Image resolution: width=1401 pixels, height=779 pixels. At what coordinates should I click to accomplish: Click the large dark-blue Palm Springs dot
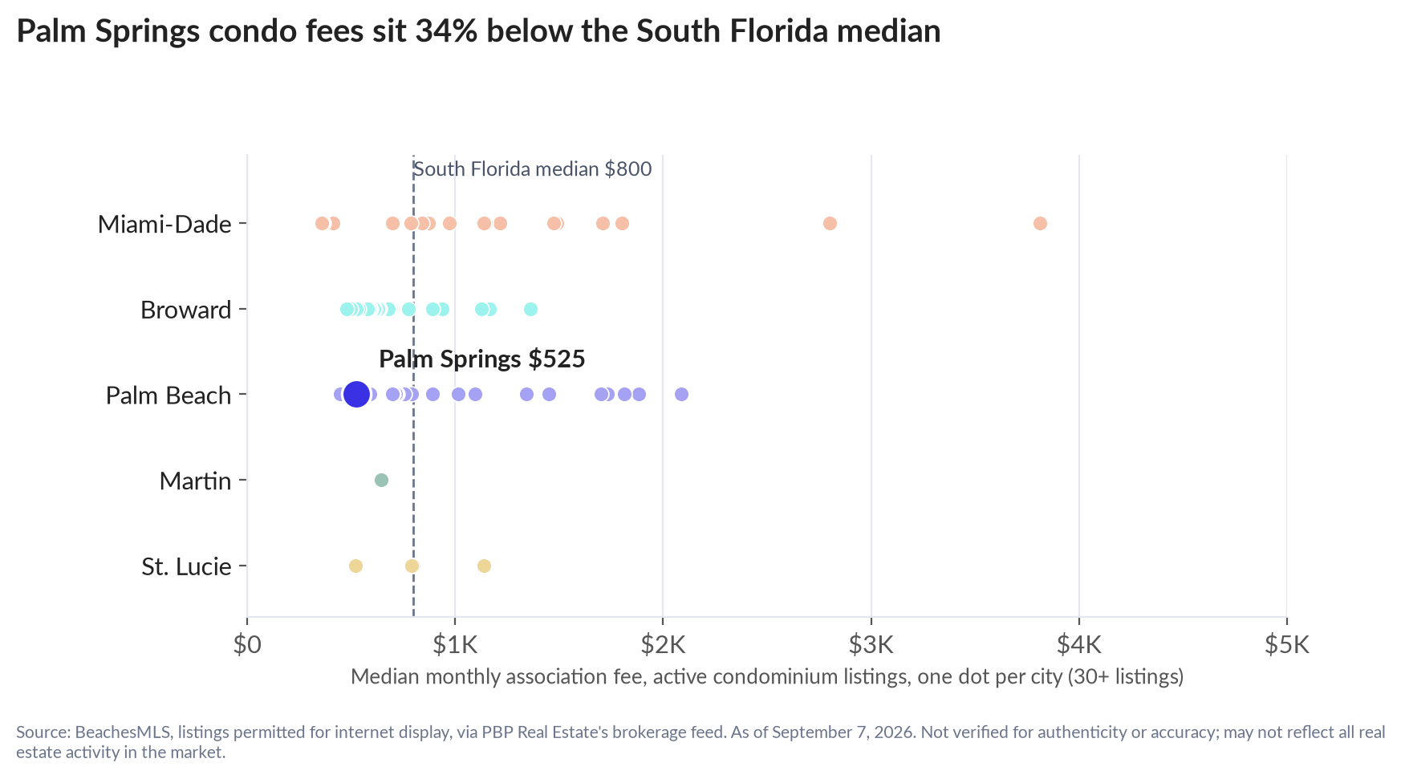pyautogui.click(x=356, y=394)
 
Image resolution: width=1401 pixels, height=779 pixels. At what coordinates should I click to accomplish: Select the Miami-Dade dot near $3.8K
pyautogui.click(x=1040, y=223)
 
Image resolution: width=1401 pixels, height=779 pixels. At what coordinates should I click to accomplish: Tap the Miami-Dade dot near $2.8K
pyautogui.click(x=830, y=223)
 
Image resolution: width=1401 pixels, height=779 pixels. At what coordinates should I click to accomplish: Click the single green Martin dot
pyautogui.click(x=381, y=480)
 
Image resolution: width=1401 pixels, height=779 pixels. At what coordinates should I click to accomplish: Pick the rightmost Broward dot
pyautogui.click(x=530, y=309)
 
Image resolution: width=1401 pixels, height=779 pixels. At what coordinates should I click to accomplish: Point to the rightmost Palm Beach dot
pyautogui.click(x=681, y=394)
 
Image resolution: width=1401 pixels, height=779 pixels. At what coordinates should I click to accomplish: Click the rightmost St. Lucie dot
pyautogui.click(x=484, y=566)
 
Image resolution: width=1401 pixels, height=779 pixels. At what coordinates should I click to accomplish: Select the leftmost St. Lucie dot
pyautogui.click(x=355, y=566)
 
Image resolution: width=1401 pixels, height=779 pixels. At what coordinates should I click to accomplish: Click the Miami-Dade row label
pyautogui.click(x=164, y=224)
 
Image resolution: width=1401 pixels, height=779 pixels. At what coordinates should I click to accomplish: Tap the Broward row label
pyautogui.click(x=185, y=310)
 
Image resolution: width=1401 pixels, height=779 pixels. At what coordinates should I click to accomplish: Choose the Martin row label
pyautogui.click(x=195, y=481)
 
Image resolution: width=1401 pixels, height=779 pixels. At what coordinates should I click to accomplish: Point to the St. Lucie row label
pyautogui.click(x=186, y=566)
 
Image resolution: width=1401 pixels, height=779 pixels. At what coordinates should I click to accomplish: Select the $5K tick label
pyautogui.click(x=1286, y=644)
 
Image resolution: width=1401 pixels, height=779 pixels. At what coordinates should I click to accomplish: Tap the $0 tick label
pyautogui.click(x=247, y=644)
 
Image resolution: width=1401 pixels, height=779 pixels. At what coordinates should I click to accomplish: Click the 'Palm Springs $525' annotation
pyautogui.click(x=481, y=359)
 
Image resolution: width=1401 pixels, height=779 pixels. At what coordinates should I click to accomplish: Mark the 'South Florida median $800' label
pyautogui.click(x=532, y=169)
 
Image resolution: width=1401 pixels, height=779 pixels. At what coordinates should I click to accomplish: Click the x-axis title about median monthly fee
pyautogui.click(x=767, y=676)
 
